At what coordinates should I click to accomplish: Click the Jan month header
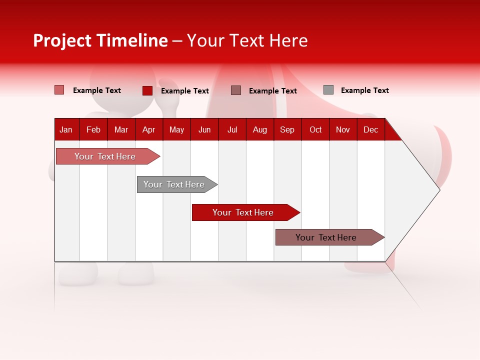pyautogui.click(x=66, y=129)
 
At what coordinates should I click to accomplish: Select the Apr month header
pyautogui.click(x=148, y=129)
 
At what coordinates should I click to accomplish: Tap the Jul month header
pyautogui.click(x=232, y=129)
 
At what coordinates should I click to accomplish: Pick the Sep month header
pyautogui.click(x=287, y=129)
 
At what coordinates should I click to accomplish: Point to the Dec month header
pyautogui.click(x=370, y=129)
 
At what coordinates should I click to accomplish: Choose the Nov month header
pyautogui.click(x=342, y=129)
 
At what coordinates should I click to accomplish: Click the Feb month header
pyautogui.click(x=93, y=129)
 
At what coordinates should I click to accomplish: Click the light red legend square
pyautogui.click(x=59, y=90)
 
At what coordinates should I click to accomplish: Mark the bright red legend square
pyautogui.click(x=147, y=90)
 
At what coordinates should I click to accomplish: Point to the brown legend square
pyautogui.click(x=236, y=90)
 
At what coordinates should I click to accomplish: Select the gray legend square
pyautogui.click(x=328, y=90)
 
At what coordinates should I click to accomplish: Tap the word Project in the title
pyautogui.click(x=62, y=40)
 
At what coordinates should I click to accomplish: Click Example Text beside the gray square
pyautogui.click(x=364, y=90)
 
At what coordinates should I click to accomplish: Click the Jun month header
pyautogui.click(x=204, y=129)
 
